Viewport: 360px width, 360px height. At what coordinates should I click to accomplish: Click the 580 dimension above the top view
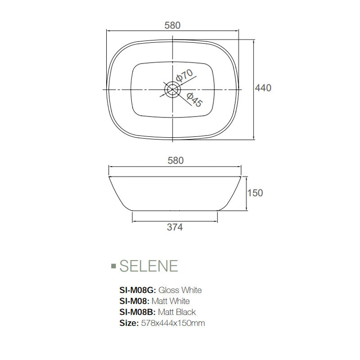click(172, 26)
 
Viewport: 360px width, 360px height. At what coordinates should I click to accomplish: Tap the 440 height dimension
click(263, 88)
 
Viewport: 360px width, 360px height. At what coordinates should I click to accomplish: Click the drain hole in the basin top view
click(171, 90)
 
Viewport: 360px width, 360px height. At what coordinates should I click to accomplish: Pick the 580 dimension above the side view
click(175, 161)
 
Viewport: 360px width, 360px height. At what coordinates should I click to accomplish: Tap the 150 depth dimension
click(255, 193)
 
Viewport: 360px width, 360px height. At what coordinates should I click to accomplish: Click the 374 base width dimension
click(175, 228)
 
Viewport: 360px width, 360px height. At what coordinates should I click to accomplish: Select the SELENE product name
click(148, 266)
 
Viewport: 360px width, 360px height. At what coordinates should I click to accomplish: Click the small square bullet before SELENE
click(113, 266)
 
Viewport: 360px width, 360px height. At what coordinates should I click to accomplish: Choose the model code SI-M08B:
click(138, 312)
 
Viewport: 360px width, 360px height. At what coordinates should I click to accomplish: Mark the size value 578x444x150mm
click(173, 323)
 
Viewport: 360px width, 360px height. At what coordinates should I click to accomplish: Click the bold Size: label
click(128, 323)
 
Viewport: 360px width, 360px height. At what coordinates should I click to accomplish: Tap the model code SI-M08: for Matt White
click(135, 301)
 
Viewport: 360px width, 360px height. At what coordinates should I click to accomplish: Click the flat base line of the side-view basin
click(175, 211)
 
